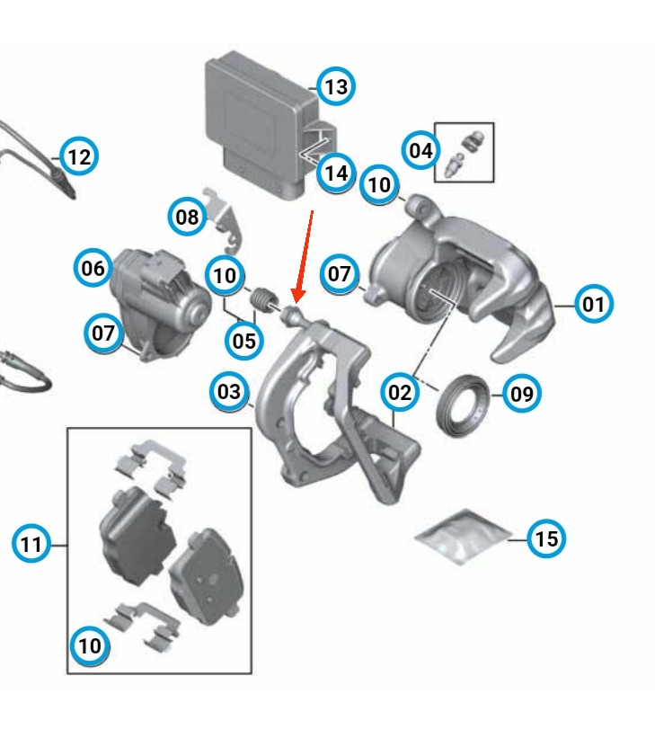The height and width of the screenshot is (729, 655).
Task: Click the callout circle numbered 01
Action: [594, 304]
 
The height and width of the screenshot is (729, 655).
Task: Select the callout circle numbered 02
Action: [399, 392]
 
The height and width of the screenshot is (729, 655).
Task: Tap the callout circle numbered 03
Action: [229, 391]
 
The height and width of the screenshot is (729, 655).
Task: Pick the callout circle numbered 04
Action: [420, 150]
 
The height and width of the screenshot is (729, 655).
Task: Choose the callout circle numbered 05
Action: [243, 341]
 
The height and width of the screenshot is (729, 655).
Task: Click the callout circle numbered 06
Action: [93, 268]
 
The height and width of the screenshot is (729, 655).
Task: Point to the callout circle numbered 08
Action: [187, 217]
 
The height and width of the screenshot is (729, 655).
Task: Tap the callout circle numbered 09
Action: [521, 394]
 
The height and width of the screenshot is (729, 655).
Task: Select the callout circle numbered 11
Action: [31, 544]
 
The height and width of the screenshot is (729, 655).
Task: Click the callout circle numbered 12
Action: [79, 156]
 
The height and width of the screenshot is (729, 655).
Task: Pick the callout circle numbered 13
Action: [336, 86]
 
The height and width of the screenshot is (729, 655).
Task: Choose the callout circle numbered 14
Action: [336, 173]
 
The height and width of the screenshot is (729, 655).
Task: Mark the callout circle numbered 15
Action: [546, 538]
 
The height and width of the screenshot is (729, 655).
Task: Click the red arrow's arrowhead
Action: [298, 296]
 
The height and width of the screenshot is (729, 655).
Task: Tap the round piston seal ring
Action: [463, 405]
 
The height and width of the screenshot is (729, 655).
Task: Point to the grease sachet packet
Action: [463, 537]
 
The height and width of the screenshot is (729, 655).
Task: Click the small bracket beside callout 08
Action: [225, 221]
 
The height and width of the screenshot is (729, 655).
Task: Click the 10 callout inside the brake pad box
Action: [90, 645]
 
